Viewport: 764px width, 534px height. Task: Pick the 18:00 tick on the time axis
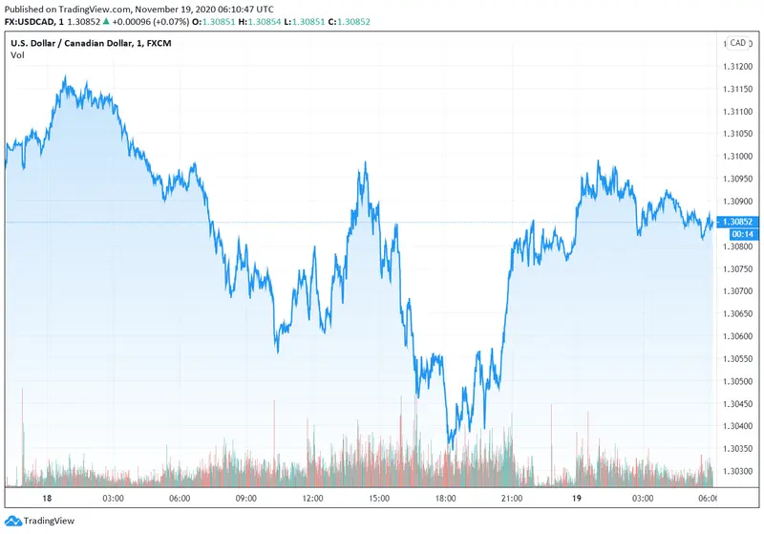pos(445,499)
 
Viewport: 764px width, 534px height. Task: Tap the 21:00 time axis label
pos(512,499)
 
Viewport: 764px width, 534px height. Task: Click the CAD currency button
pos(737,42)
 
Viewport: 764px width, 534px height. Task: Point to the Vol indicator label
pos(18,55)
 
